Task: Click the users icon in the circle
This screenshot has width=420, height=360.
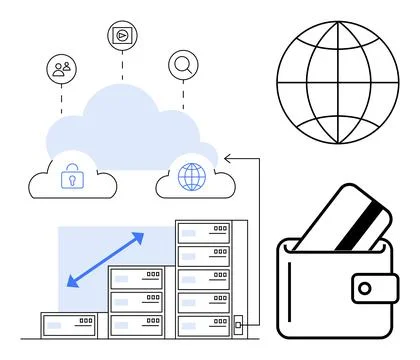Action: pyautogui.click(x=62, y=69)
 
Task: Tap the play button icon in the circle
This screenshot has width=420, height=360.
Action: pyautogui.click(x=122, y=34)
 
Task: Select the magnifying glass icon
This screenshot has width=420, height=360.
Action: pyautogui.click(x=183, y=65)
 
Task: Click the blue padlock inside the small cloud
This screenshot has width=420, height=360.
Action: pyautogui.click(x=71, y=177)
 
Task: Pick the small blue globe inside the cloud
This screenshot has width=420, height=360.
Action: pyautogui.click(x=190, y=177)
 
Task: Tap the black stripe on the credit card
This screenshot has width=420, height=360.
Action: pyautogui.click(x=362, y=226)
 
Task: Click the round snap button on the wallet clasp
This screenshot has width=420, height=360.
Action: pyautogui.click(x=365, y=289)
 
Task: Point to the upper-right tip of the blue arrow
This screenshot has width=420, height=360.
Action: pyautogui.click(x=141, y=236)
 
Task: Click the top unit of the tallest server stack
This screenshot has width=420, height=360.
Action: pyautogui.click(x=203, y=232)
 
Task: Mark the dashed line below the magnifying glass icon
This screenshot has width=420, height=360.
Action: pyautogui.click(x=183, y=95)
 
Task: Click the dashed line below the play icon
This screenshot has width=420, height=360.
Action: pyautogui.click(x=122, y=66)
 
